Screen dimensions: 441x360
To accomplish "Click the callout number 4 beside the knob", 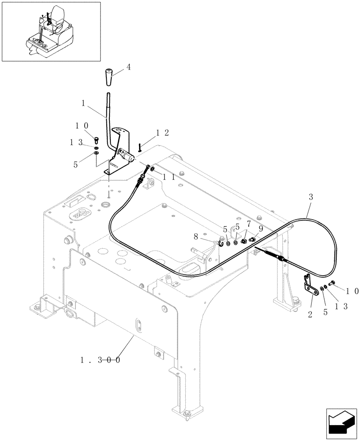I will [x=128, y=67].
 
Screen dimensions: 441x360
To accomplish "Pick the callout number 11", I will [x=169, y=177].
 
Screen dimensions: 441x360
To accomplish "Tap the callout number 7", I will [x=249, y=224].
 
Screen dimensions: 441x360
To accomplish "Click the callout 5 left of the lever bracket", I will [x=75, y=164].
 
